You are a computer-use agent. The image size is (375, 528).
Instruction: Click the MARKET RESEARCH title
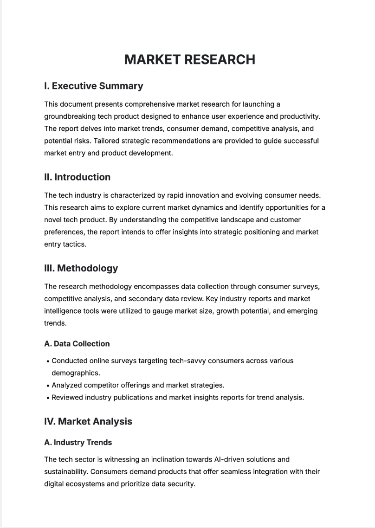tap(189, 59)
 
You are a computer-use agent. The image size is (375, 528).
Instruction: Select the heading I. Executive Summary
tap(93, 86)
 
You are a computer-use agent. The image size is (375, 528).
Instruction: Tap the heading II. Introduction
tap(77, 177)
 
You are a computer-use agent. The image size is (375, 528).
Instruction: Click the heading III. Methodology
tap(81, 268)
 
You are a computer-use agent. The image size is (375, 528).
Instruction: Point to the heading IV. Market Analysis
tap(88, 421)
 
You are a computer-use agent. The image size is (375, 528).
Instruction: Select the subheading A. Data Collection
tap(77, 344)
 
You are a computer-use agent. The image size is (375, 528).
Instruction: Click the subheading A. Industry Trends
tap(78, 443)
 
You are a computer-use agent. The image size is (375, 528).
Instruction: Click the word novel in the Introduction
tap(53, 219)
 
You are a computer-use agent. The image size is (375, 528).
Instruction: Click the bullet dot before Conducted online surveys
tap(48, 361)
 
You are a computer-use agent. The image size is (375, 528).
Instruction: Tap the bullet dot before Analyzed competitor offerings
tap(48, 386)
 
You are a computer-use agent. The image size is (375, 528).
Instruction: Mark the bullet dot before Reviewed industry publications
tap(48, 398)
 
